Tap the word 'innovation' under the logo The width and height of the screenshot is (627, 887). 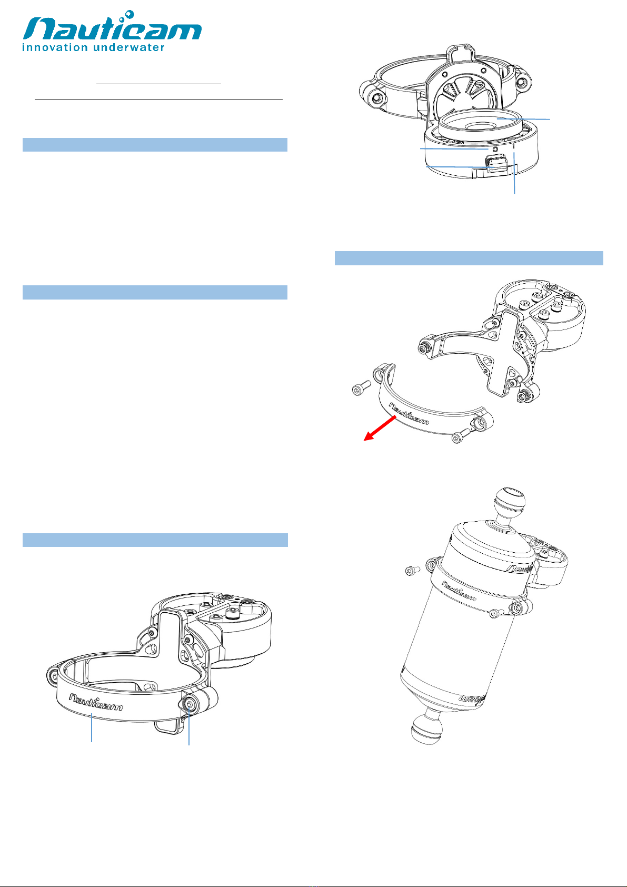55,47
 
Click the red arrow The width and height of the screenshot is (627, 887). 380,428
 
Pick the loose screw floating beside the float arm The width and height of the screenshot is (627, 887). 412,571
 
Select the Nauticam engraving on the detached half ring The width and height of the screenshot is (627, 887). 409,413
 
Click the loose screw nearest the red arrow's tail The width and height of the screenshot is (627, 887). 361,387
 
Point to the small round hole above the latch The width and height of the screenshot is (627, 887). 494,150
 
